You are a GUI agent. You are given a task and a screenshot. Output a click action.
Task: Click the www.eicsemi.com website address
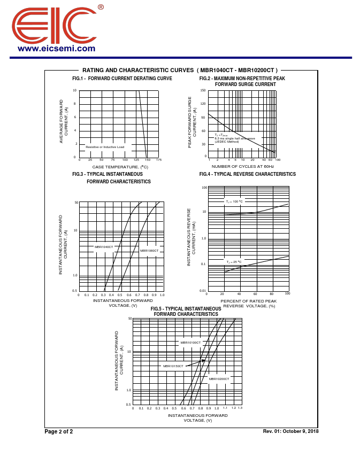click(x=56, y=49)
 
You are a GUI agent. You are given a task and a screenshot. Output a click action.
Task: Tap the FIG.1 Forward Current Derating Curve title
click(x=122, y=79)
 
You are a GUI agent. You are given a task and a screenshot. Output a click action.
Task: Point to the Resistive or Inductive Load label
click(x=105, y=147)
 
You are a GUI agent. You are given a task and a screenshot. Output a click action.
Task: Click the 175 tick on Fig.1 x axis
click(x=159, y=160)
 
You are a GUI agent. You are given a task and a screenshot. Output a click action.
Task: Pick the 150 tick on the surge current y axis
click(x=203, y=90)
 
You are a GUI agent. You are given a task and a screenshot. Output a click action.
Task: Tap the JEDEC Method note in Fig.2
click(x=227, y=142)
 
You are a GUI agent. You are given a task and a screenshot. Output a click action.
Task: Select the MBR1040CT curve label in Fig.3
click(x=104, y=247)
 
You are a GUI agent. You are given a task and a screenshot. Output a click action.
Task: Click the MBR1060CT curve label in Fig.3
click(x=149, y=251)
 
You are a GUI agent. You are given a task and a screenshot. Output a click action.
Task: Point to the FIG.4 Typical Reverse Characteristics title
click(x=247, y=174)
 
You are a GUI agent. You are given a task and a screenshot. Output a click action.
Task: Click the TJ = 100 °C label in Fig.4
click(x=234, y=201)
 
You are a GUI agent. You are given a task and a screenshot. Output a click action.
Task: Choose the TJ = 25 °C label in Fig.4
click(x=234, y=262)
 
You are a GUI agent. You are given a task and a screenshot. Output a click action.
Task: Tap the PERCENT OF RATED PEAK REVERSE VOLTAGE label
click(x=248, y=304)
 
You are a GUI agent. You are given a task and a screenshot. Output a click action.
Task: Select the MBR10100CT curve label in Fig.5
click(x=190, y=343)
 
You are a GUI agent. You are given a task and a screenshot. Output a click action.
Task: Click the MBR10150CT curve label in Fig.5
click(x=173, y=366)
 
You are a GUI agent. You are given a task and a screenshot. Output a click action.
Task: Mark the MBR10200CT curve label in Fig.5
click(x=219, y=379)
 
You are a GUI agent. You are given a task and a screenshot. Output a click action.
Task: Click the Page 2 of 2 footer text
click(x=58, y=432)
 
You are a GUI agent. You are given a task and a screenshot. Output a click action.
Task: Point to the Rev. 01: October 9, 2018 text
click(x=290, y=431)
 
